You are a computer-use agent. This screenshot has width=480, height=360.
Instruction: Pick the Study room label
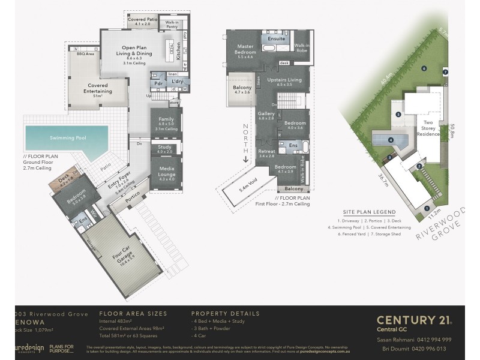pos(164,148)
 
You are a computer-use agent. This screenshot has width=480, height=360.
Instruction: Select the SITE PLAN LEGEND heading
pos(369,212)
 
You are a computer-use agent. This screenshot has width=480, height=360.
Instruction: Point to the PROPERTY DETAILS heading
pos(226,313)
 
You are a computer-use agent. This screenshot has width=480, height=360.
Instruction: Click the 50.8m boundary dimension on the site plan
pos(452,130)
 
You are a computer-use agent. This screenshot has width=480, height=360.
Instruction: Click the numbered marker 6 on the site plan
pos(424,69)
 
